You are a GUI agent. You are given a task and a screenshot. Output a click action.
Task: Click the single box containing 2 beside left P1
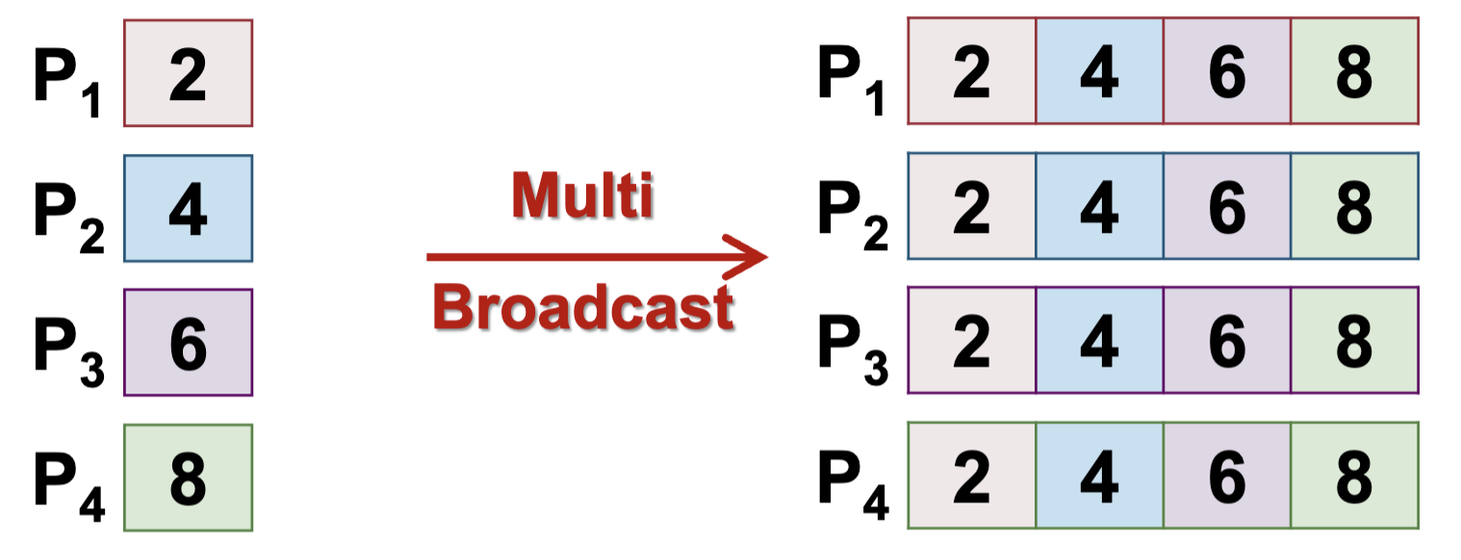(189, 73)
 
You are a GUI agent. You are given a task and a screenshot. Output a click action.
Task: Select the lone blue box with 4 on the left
(189, 208)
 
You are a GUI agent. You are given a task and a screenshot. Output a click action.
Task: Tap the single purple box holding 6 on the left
(189, 343)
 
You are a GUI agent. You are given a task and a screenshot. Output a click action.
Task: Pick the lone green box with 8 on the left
(189, 477)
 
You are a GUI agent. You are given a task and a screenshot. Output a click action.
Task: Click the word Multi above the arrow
(582, 197)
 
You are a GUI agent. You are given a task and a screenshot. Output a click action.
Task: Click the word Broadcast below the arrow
(584, 308)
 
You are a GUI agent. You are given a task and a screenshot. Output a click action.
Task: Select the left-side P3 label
(68, 348)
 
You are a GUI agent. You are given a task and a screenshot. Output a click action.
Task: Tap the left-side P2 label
(68, 214)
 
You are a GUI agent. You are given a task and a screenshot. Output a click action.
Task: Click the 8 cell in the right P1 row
(1354, 71)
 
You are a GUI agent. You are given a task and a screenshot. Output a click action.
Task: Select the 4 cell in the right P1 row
(1099, 71)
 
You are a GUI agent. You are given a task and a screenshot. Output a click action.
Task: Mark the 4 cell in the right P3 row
(1099, 341)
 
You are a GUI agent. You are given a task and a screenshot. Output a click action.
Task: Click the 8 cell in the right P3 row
(1354, 341)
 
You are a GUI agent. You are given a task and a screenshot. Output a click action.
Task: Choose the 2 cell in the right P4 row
(972, 475)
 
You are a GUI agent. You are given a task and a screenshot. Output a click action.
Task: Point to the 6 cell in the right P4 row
(1226, 475)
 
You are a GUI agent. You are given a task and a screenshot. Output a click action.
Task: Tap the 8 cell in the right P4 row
(1354, 475)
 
